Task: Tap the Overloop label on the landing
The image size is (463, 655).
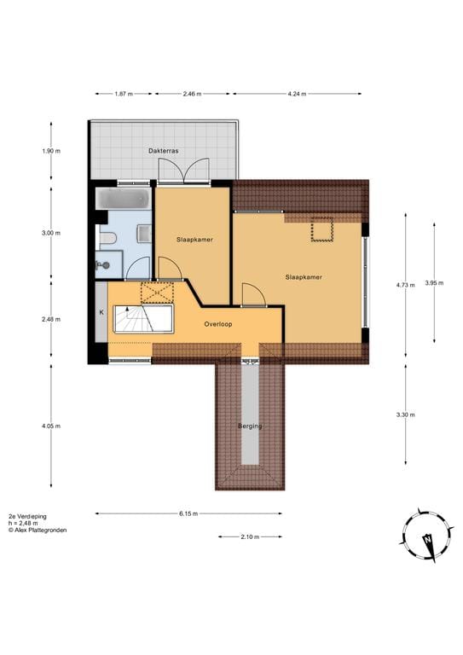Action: coord(218,324)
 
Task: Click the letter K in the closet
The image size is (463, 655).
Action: coord(101,312)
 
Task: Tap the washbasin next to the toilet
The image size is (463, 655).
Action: coord(143,234)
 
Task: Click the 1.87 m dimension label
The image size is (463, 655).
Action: coord(124,94)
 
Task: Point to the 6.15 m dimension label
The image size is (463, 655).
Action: coord(188,513)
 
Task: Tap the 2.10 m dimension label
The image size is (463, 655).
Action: coord(250,536)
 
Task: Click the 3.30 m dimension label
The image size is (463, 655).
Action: coord(407,414)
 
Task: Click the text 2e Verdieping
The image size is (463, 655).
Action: coord(28,516)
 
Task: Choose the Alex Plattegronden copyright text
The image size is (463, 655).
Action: coord(38,530)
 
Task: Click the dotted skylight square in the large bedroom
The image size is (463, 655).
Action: coord(322,230)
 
